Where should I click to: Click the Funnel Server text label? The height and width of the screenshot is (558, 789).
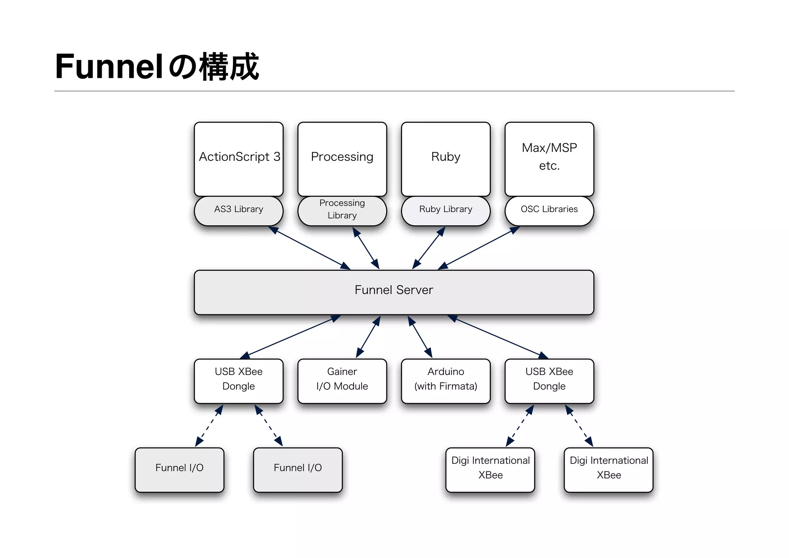394,290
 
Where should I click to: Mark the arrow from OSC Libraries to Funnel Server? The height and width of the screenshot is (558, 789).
479,248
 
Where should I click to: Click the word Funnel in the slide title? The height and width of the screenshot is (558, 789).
109,67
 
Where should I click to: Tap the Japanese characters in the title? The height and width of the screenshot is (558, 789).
214,67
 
